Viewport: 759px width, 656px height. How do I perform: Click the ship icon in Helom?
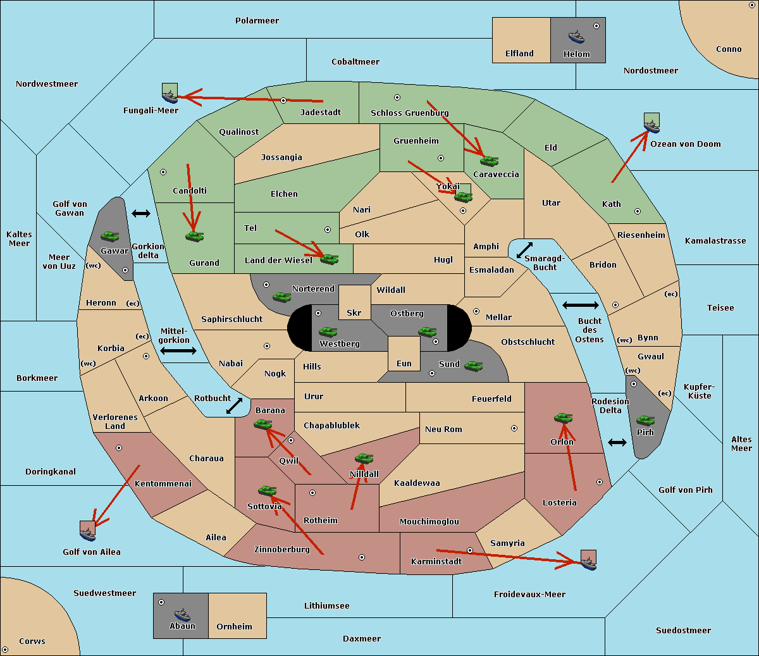pyautogui.click(x=576, y=37)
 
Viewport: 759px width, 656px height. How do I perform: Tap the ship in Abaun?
pyautogui.click(x=182, y=614)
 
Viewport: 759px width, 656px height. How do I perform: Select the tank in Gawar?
pyautogui.click(x=110, y=236)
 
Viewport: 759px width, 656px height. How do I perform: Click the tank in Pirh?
pyautogui.click(x=645, y=420)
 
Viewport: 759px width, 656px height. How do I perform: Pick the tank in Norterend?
pyautogui.click(x=281, y=297)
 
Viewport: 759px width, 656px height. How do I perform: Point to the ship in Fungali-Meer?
pyautogui.click(x=170, y=97)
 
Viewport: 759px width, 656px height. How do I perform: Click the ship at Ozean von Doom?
pyautogui.click(x=651, y=127)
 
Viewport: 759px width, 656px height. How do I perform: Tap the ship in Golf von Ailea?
pyautogui.click(x=87, y=535)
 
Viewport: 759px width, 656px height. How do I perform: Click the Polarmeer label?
pyautogui.click(x=257, y=21)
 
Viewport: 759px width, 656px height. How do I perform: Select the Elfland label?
pyautogui.click(x=519, y=53)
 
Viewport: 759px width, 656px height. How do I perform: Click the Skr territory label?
pyautogui.click(x=354, y=313)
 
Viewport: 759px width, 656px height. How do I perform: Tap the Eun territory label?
pyautogui.click(x=404, y=363)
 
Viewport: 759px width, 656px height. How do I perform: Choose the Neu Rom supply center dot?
pyautogui.click(x=514, y=428)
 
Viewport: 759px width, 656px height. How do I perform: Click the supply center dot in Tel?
pyautogui.click(x=328, y=230)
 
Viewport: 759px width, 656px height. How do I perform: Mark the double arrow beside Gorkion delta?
pyautogui.click(x=141, y=213)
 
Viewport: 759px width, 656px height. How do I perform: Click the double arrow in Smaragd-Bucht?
pyautogui.click(x=524, y=250)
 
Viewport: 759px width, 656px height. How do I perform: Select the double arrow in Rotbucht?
pyautogui.click(x=234, y=405)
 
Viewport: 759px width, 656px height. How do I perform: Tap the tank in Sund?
pyautogui.click(x=473, y=366)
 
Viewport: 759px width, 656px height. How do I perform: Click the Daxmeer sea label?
pyautogui.click(x=362, y=638)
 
